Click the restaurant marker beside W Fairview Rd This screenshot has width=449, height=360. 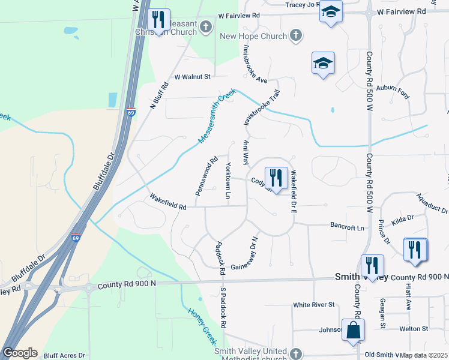[x=159, y=20]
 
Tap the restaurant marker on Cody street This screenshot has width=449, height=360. [x=276, y=178]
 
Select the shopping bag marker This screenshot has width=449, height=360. [x=354, y=329]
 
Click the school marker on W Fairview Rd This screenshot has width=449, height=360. [x=331, y=12]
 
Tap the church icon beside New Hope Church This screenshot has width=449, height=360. [x=295, y=36]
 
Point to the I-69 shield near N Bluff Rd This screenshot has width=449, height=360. [x=131, y=112]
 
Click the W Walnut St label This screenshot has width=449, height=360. [x=193, y=77]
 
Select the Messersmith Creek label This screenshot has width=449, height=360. [x=217, y=116]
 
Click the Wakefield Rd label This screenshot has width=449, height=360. [x=168, y=203]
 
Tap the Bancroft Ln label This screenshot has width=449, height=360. [x=348, y=226]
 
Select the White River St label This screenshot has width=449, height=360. [x=313, y=305]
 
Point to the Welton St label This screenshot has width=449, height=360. [x=414, y=329]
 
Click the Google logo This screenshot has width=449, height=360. [x=20, y=353]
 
